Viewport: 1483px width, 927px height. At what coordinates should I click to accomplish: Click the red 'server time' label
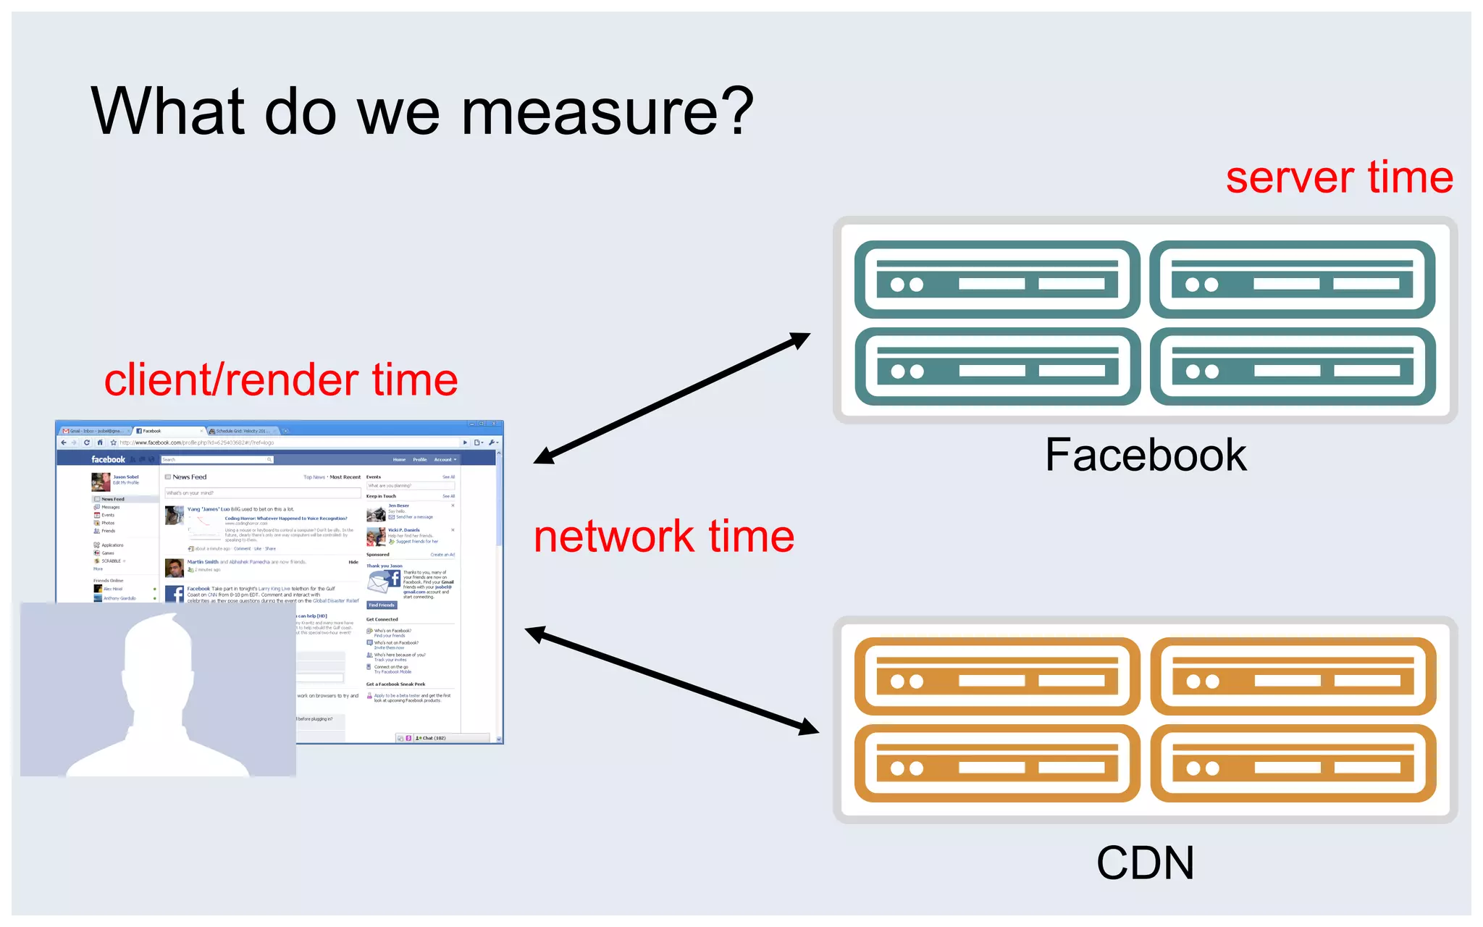(x=1339, y=177)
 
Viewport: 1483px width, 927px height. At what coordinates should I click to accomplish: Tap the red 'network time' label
(x=663, y=537)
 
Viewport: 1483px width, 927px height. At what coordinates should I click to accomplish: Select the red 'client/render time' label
(x=281, y=380)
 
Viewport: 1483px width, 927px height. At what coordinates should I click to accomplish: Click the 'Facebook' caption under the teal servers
(x=1145, y=456)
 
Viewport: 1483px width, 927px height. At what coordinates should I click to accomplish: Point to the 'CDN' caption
(x=1145, y=863)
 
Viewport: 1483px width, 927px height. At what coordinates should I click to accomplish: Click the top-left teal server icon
(x=997, y=280)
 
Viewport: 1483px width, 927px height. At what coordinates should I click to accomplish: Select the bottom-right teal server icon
(x=1293, y=366)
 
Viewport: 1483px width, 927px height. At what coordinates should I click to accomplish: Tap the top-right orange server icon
(x=1293, y=676)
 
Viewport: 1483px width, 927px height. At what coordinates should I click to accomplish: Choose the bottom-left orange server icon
(x=997, y=763)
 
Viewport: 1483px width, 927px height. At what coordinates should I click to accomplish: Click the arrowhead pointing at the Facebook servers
(x=800, y=339)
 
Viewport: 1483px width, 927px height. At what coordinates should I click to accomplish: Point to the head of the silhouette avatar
(x=158, y=652)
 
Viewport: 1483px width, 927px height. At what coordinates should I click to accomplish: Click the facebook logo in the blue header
(x=108, y=459)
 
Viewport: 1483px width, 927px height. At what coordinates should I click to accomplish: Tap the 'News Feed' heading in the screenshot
(x=189, y=477)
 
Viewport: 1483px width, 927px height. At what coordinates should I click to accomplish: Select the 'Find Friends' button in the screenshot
(x=382, y=605)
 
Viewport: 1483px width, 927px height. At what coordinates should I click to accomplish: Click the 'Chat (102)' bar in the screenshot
(x=434, y=738)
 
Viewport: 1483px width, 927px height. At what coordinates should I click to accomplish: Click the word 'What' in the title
(x=167, y=112)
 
